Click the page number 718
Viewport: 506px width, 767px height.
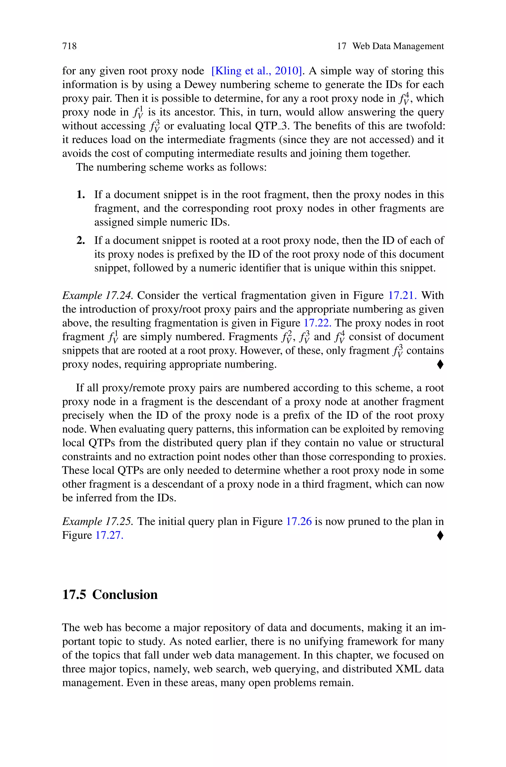click(x=69, y=46)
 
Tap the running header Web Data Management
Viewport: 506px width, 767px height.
click(x=398, y=46)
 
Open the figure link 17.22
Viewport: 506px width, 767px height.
click(x=317, y=323)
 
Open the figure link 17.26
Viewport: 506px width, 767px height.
click(x=299, y=521)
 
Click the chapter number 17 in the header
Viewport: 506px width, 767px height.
click(x=341, y=46)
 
